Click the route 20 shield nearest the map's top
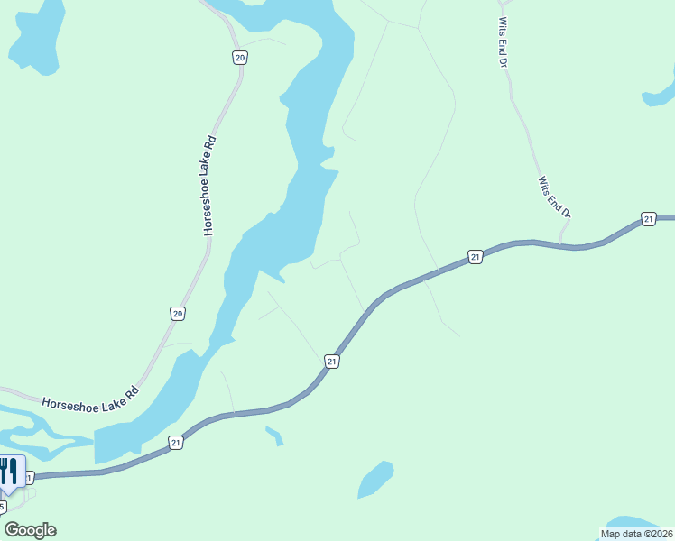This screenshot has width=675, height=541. tap(239, 58)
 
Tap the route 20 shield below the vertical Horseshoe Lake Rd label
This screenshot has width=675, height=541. tap(178, 313)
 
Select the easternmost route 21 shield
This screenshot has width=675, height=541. tap(648, 219)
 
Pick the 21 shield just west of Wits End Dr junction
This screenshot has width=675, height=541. tap(476, 258)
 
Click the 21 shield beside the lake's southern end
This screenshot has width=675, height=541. tap(175, 442)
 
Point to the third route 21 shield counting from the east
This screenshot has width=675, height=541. tap(332, 362)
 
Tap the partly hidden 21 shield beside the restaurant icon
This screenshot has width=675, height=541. tap(30, 477)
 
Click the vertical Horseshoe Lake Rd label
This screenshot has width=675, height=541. tap(210, 186)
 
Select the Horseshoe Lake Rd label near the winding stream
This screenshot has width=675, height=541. tap(93, 399)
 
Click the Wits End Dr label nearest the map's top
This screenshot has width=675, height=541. tap(504, 40)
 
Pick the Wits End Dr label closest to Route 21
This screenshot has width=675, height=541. tap(554, 197)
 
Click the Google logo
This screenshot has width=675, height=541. tap(31, 530)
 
